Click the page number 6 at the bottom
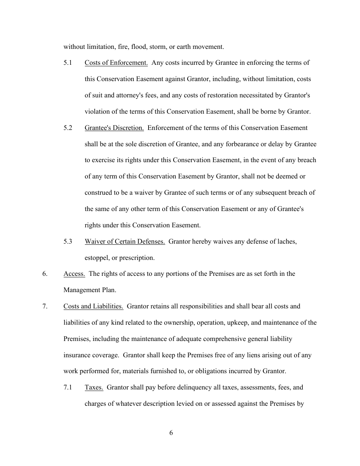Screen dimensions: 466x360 (171, 433)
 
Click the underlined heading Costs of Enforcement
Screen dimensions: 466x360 (116, 63)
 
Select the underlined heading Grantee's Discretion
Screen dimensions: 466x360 (114, 128)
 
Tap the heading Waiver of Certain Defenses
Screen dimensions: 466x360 (125, 241)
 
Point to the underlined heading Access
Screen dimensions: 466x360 (74, 274)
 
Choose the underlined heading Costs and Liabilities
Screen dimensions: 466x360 (93, 306)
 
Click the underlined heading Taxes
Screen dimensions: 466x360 (94, 388)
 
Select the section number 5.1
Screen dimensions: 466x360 (68, 63)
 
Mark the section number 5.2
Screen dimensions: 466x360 (68, 128)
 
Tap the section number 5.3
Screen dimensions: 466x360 (68, 241)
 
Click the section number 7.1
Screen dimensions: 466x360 (68, 388)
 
